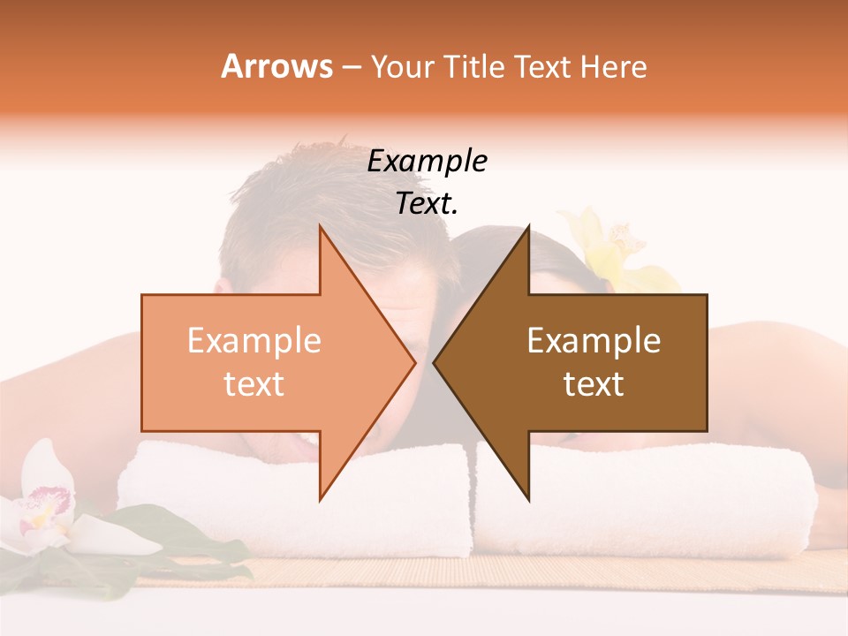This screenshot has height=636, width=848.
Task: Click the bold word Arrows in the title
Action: tap(276, 66)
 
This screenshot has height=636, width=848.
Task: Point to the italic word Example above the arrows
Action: tap(428, 161)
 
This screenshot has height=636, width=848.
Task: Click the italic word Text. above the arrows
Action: tap(428, 204)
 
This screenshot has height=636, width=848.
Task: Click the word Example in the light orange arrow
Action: tap(254, 340)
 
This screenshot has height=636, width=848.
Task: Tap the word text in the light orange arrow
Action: tap(254, 383)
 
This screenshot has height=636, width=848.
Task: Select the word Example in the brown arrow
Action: tap(594, 340)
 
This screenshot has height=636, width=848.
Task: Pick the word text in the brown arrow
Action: tap(594, 383)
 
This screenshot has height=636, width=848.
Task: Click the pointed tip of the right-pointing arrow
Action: tap(413, 362)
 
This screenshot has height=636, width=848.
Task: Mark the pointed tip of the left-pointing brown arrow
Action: tap(435, 362)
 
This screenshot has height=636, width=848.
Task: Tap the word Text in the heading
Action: tap(543, 66)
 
